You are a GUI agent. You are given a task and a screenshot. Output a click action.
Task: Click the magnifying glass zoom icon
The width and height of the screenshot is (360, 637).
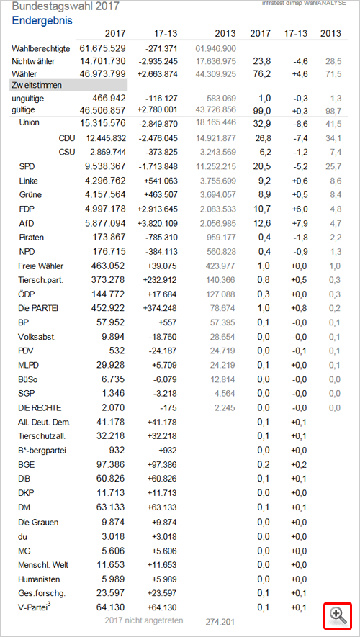click(337, 616)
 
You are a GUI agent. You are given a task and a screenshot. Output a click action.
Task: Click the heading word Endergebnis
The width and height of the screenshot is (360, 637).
click(42, 20)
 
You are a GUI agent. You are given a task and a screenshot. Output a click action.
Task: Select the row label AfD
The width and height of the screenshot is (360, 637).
click(26, 223)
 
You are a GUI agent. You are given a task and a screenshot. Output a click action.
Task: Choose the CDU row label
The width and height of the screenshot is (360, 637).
click(67, 138)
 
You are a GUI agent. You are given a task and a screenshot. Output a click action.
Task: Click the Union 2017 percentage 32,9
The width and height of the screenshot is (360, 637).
click(264, 122)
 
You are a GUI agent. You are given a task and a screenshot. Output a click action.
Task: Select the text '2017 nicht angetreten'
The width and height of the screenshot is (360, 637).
click(144, 620)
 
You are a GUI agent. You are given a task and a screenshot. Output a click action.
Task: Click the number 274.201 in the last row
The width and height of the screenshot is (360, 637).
click(220, 622)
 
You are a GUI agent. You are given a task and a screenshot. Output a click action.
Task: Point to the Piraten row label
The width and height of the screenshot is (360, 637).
click(31, 238)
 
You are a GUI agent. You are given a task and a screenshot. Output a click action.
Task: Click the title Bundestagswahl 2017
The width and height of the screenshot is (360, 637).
click(66, 6)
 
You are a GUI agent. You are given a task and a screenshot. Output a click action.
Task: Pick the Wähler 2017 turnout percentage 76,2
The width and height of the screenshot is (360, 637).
click(264, 74)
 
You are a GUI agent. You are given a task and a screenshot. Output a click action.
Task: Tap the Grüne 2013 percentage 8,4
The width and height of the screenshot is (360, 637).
click(336, 195)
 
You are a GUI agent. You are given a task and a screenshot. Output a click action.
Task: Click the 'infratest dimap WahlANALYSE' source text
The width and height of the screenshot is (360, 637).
click(304, 4)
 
